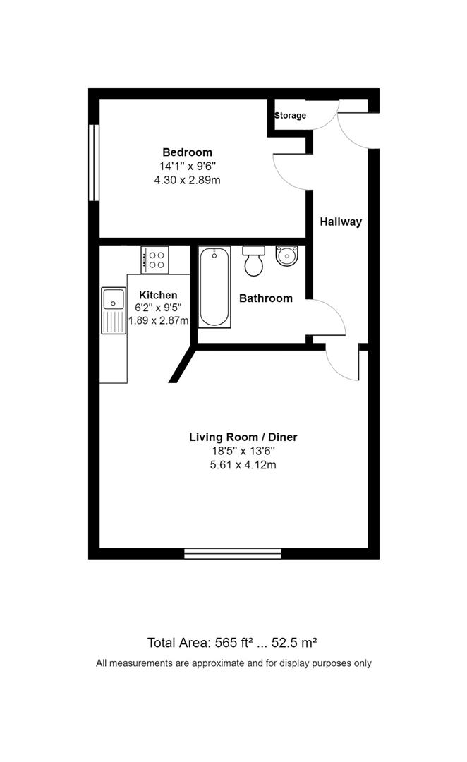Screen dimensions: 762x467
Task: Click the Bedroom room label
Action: tap(187, 152)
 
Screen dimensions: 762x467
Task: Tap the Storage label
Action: tap(290, 115)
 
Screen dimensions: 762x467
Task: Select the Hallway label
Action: tap(341, 222)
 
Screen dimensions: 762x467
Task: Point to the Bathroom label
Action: tap(265, 298)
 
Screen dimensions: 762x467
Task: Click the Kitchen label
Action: tap(158, 295)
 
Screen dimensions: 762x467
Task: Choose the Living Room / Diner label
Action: tap(243, 437)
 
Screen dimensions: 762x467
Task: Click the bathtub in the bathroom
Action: tap(214, 286)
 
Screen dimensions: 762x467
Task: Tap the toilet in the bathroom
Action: tap(253, 262)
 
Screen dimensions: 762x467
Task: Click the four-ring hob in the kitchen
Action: tap(154, 259)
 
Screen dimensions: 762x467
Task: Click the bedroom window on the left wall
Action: tap(92, 162)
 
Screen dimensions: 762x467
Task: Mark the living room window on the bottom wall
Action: tap(232, 553)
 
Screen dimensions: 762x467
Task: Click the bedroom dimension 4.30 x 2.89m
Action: tap(187, 180)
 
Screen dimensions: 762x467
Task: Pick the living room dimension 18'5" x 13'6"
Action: tap(243, 452)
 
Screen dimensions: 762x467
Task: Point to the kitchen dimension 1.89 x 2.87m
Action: tap(158, 320)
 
